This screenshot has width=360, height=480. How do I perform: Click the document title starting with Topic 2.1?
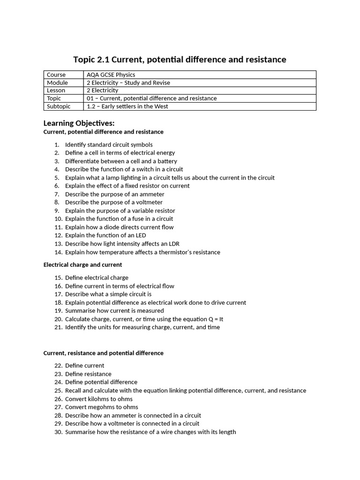point(180,60)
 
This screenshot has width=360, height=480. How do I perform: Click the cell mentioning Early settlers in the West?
point(127,106)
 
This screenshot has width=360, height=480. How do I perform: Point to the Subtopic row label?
point(59,106)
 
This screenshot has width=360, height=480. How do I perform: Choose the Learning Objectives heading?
point(79,123)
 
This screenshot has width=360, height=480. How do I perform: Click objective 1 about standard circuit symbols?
point(109,144)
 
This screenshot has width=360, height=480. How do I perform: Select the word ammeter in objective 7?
point(152,194)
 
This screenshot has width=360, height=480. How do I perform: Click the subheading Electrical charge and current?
point(82,265)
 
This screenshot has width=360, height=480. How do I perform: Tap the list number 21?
point(58,327)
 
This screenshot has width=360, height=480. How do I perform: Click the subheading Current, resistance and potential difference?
point(103,353)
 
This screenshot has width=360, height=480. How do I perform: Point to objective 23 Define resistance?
point(88,374)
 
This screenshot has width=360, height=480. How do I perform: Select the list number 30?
point(58,432)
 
